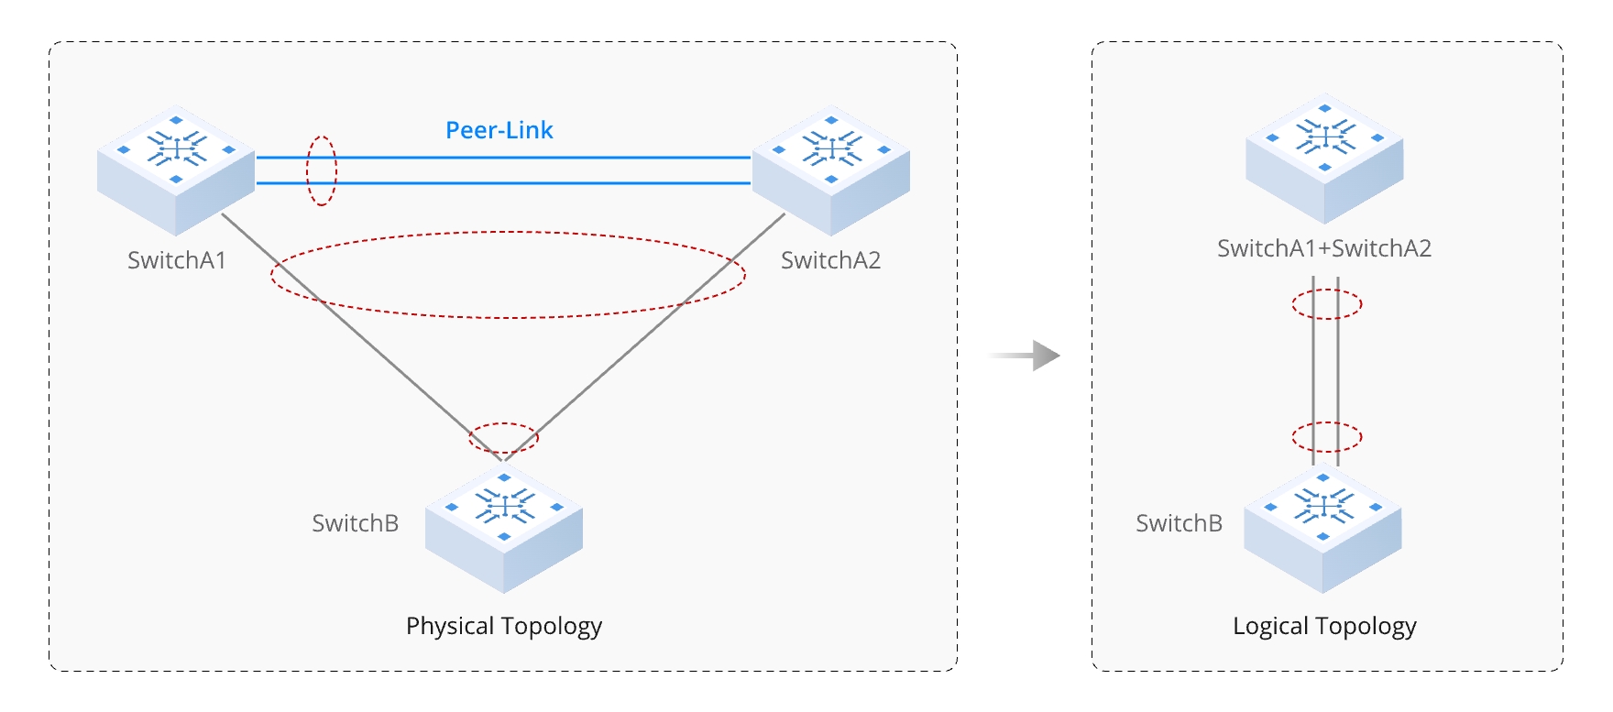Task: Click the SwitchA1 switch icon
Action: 176,170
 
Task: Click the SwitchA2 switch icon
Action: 831,170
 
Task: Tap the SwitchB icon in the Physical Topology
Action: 504,527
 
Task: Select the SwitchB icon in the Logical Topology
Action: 1322,527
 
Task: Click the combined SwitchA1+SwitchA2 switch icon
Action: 1324,158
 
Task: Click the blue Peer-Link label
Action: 499,130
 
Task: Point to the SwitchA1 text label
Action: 177,260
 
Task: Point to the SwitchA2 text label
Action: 830,260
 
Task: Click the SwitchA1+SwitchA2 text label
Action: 1324,248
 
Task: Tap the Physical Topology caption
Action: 504,626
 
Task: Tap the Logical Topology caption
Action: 1324,626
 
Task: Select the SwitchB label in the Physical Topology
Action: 356,523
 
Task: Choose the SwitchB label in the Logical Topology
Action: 1180,523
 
